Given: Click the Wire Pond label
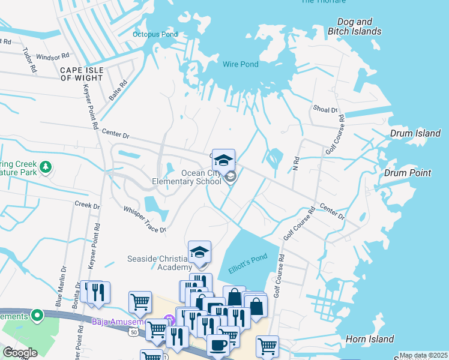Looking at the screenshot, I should click(240, 64).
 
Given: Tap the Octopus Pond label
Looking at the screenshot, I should click(155, 34).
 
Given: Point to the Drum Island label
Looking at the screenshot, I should click(415, 133).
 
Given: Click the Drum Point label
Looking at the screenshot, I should click(408, 173).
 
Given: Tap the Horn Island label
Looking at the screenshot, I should click(370, 339).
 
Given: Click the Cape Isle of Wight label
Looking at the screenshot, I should click(82, 74).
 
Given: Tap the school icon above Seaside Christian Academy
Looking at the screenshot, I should click(200, 252).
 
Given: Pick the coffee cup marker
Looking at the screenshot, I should click(218, 346).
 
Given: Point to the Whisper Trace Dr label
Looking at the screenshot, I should click(145, 218).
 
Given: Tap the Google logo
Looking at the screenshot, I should click(20, 352).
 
